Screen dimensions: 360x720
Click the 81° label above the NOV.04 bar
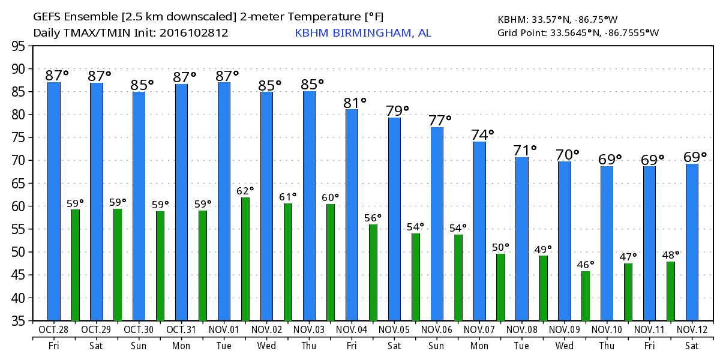(x=355, y=103)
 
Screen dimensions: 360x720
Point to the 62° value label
(x=245, y=190)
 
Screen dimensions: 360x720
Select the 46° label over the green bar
(x=585, y=264)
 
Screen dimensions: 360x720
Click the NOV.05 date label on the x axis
(x=394, y=329)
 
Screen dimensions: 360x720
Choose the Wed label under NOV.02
(x=266, y=346)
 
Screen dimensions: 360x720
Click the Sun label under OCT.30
(x=139, y=346)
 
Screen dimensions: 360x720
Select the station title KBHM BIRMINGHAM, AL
(x=362, y=33)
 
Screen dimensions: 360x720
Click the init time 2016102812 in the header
(x=194, y=33)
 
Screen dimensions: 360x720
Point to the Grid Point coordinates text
(x=578, y=33)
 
